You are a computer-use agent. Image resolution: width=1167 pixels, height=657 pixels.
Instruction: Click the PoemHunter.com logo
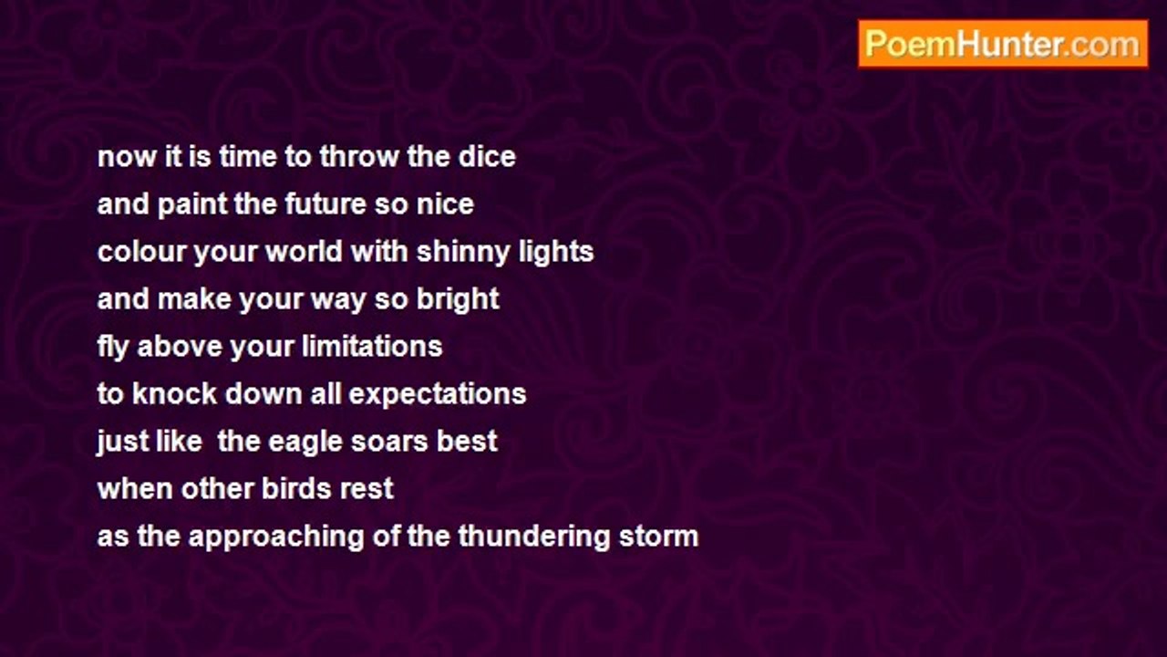pyautogui.click(x=1003, y=44)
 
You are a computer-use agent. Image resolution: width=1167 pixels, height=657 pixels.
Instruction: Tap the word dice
pyautogui.click(x=487, y=156)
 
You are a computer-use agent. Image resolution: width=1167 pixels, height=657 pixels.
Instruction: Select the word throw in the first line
pyautogui.click(x=359, y=156)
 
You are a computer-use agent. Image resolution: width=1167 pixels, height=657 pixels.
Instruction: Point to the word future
pyautogui.click(x=325, y=203)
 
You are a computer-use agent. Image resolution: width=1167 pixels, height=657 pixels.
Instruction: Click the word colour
pyautogui.click(x=141, y=252)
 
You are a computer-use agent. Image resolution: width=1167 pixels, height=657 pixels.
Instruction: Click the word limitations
pyautogui.click(x=372, y=347)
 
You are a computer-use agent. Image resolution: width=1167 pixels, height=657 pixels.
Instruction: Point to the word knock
pyautogui.click(x=174, y=393)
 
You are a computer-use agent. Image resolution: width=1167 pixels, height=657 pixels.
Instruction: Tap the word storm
pyautogui.click(x=658, y=537)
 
